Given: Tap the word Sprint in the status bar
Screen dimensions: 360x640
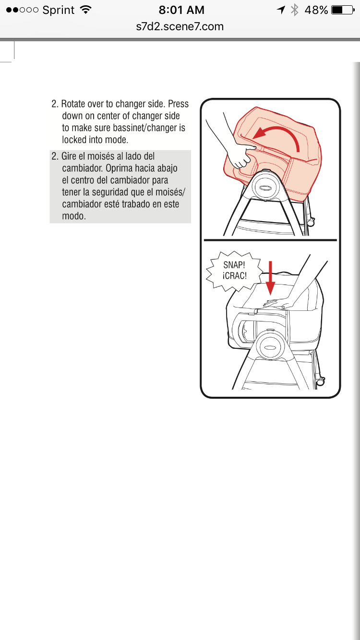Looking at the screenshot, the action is tap(59, 10).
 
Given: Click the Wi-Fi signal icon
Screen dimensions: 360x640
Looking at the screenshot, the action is tap(86, 10).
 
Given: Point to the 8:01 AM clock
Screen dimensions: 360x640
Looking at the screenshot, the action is tap(181, 10).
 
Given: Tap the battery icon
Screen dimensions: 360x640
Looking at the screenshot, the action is tap(343, 10).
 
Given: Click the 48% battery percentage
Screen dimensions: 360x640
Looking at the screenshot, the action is tap(316, 10).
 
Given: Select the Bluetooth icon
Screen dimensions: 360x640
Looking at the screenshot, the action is tap(294, 10).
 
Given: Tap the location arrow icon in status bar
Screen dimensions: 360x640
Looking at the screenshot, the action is tap(281, 10).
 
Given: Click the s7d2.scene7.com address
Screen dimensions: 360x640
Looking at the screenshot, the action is tap(180, 26).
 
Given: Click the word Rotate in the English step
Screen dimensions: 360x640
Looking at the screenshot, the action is tap(73, 104).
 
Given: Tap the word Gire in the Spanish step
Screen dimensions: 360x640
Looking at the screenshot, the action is tap(69, 156).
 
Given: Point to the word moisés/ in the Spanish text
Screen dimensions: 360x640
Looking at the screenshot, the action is tap(170, 192).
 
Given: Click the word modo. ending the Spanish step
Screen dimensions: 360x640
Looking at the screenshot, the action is tap(74, 216).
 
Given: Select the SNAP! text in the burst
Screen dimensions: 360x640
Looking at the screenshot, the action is tap(234, 265).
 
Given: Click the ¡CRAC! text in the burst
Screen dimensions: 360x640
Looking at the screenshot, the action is tap(234, 276).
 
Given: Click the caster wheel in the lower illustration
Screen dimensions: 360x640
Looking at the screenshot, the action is tap(321, 381).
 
